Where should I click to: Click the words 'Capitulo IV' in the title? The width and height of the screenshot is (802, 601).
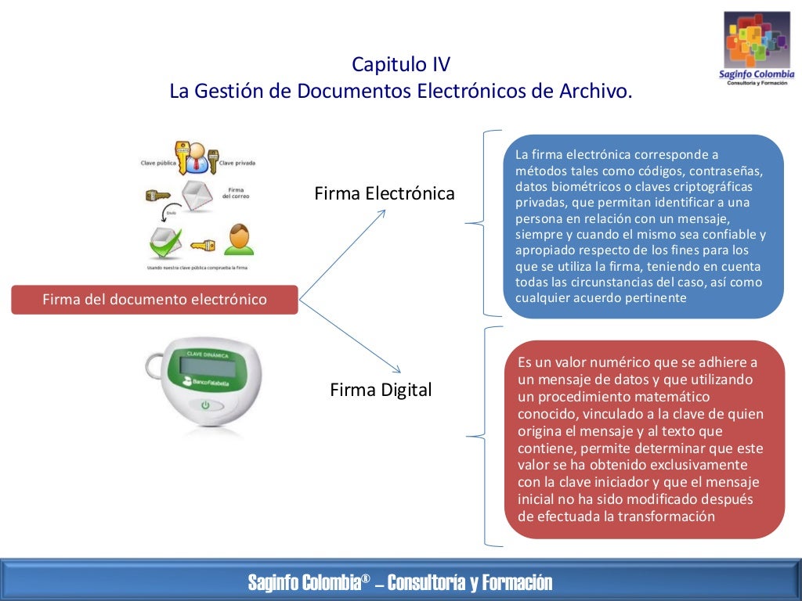400,64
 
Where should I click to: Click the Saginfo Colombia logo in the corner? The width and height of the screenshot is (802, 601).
757,49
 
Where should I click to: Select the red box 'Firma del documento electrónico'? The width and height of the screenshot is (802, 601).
154,300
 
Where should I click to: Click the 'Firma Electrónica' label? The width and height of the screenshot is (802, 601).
384,193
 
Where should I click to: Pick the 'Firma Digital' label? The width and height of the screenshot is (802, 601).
381,390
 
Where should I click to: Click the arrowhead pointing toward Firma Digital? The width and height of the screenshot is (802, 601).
396,369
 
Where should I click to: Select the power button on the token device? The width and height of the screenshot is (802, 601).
206,405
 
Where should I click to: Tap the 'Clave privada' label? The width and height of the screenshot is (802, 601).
237,163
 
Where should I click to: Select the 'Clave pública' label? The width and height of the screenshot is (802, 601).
157,163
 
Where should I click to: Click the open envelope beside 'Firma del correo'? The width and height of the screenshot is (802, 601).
197,196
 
